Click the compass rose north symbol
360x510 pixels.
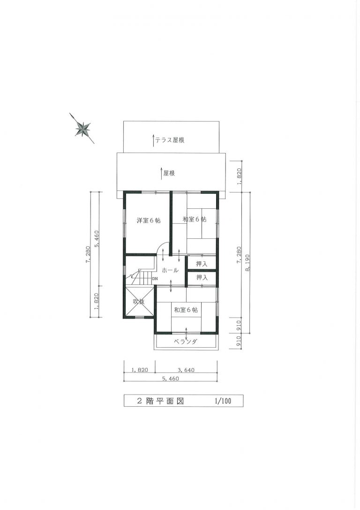tap(82, 129)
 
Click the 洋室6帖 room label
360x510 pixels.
tap(149, 220)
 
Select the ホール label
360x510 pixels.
tap(170, 270)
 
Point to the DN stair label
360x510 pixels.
tap(155, 278)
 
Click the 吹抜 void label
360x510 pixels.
tap(139, 302)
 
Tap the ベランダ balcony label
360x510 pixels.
tap(185, 342)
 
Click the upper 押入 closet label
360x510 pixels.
tap(202, 264)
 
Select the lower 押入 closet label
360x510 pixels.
tap(202, 277)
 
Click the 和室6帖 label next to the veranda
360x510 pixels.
tap(186, 310)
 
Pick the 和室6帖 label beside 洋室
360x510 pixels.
tap(194, 219)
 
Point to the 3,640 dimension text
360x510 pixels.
tap(186, 370)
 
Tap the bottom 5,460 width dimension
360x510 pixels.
tap(170, 378)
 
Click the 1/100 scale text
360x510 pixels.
tap(223, 401)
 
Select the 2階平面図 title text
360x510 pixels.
tap(160, 401)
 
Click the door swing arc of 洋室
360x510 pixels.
tap(162, 246)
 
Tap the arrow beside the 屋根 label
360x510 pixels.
tap(161, 173)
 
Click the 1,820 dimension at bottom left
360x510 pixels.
tap(140, 370)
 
